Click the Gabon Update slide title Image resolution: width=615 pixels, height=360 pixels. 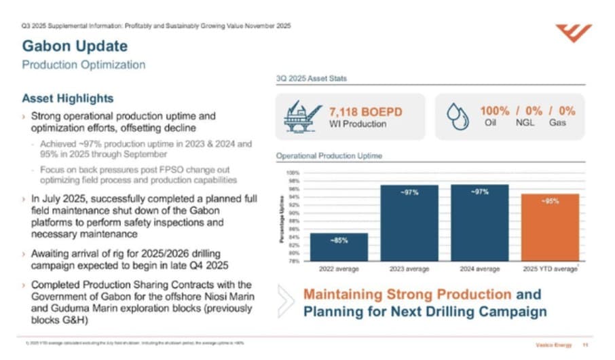coord(75,46)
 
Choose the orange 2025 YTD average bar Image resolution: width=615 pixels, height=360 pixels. coord(550,227)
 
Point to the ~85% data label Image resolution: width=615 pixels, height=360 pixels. coord(339,240)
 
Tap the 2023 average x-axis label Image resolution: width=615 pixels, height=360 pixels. coord(409,269)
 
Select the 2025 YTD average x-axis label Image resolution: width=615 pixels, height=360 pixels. coord(550,269)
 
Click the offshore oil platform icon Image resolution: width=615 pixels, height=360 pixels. coord(299,116)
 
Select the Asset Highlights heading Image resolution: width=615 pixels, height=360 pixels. coord(67,99)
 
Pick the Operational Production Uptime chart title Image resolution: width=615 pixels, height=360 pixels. coord(329,156)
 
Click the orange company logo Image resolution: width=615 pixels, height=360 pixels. coord(574,33)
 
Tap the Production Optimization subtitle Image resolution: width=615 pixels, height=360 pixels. coord(83,65)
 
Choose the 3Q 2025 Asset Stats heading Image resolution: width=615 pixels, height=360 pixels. coord(312,79)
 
